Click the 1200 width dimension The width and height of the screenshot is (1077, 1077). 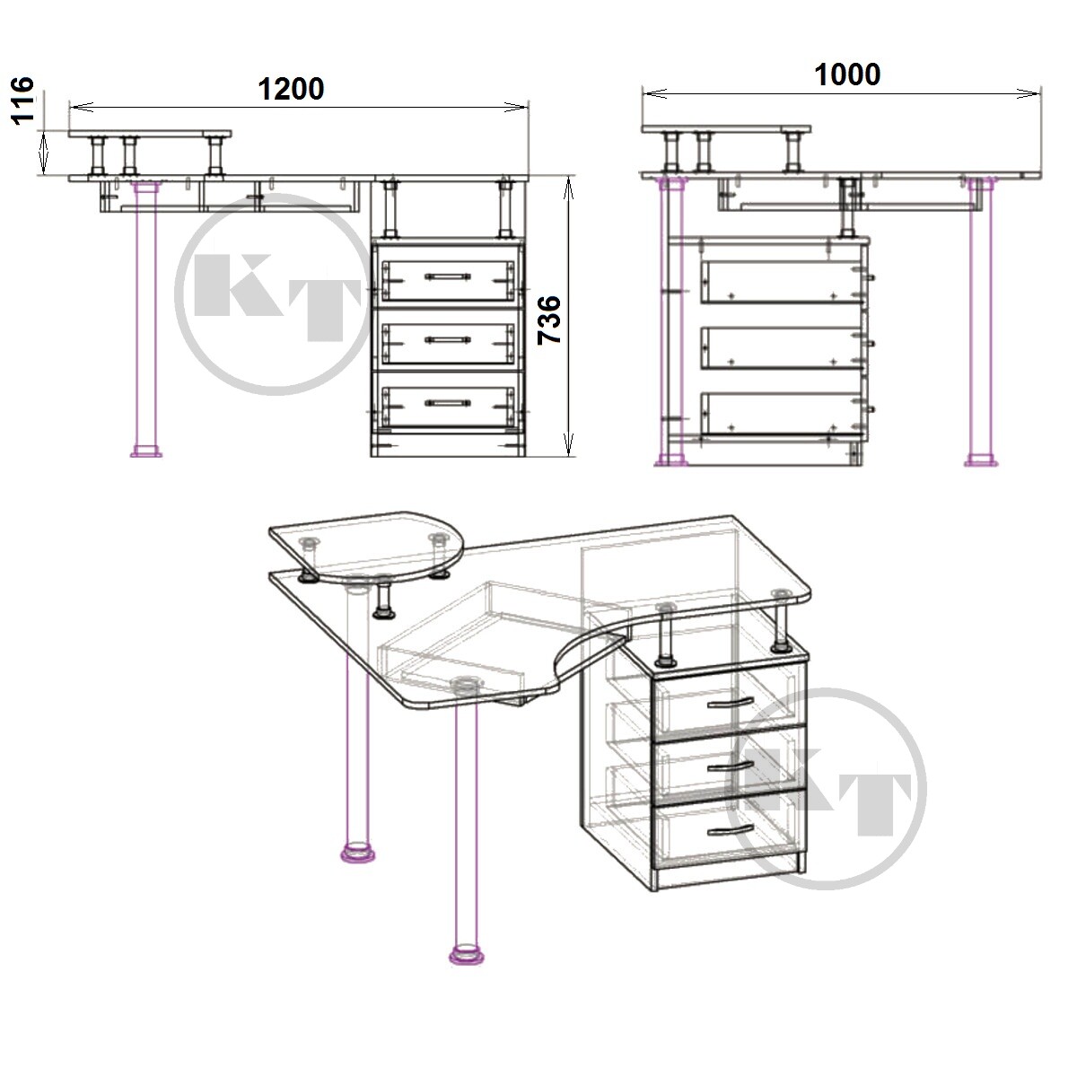[x=291, y=90]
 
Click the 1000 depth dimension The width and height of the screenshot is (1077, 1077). [x=847, y=74]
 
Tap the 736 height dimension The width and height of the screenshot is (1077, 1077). [x=549, y=320]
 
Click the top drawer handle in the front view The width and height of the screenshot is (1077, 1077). [x=447, y=276]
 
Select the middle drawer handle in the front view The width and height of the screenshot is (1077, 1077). [x=447, y=338]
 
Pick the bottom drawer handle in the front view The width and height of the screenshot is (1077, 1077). [x=447, y=402]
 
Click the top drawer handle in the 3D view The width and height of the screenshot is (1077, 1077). [x=731, y=703]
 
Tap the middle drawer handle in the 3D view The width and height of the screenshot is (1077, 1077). [x=731, y=766]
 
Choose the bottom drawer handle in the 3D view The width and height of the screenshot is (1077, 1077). [x=731, y=830]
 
